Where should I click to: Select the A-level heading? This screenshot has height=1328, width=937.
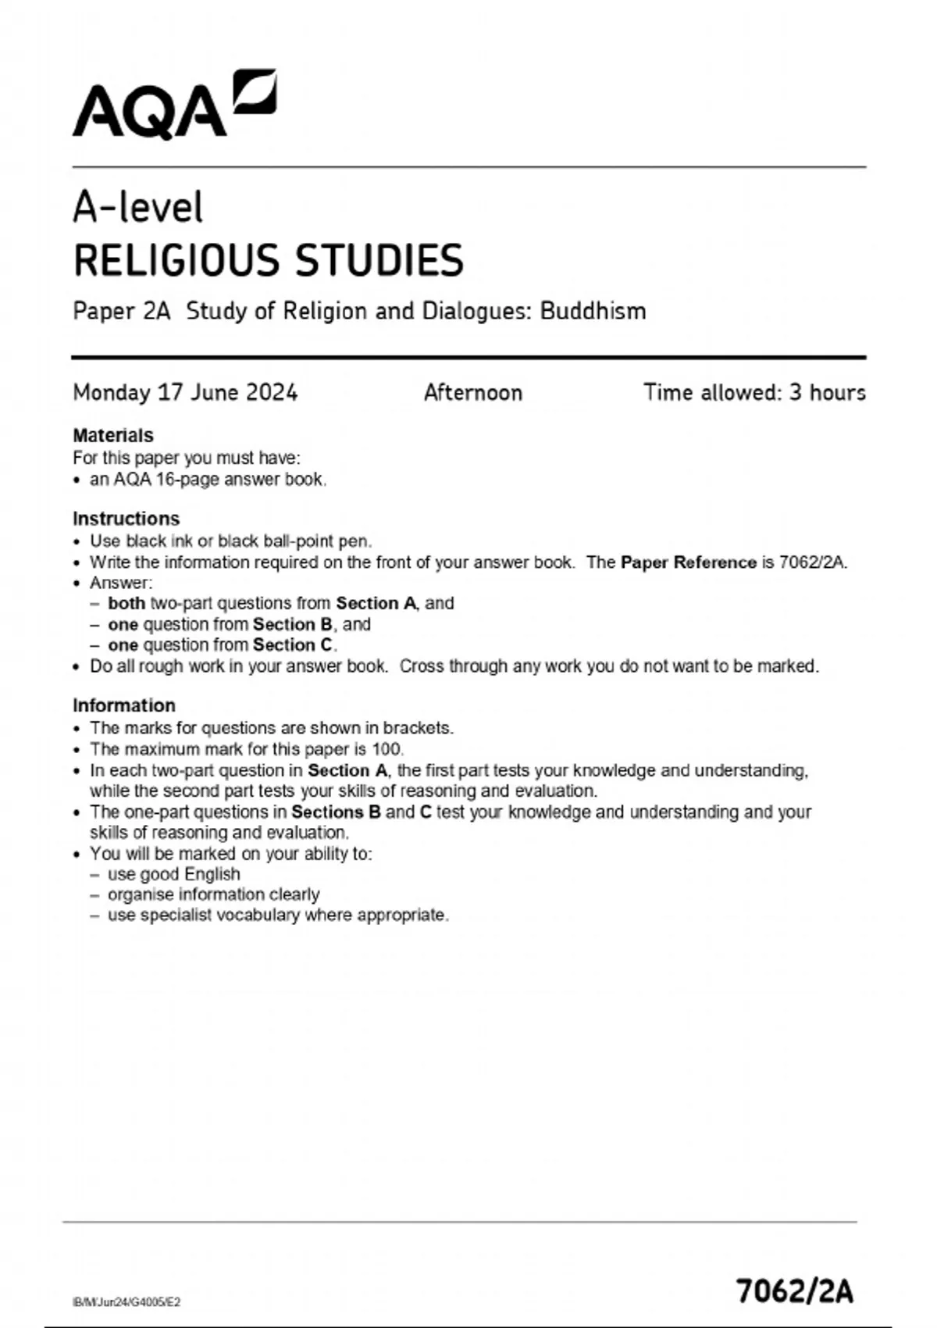137,208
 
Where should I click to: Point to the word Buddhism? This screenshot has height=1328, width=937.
593,311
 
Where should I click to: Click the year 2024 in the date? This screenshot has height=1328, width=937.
272,392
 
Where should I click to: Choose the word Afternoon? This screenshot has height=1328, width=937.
472,392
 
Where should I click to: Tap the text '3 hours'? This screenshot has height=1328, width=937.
827,392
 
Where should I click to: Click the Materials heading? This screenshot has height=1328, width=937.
112,435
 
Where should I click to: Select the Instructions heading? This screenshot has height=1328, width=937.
126,519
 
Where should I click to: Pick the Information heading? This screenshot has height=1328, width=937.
123,705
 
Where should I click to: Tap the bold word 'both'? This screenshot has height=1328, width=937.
126,603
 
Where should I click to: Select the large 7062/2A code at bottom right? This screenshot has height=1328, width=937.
795,1291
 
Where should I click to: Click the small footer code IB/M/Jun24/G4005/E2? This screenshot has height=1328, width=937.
126,1301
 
